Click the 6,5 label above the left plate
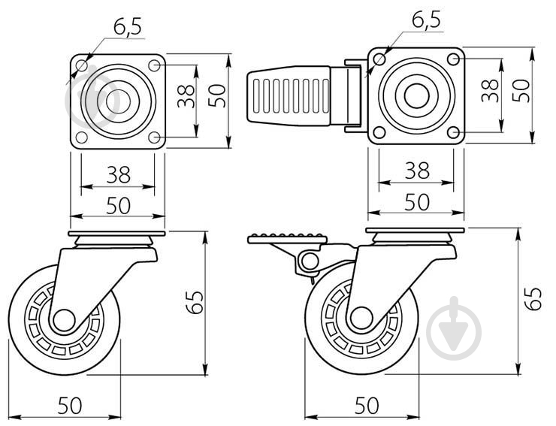pyautogui.click(x=127, y=26)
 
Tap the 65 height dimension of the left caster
pyautogui.click(x=195, y=303)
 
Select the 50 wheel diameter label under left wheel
pyautogui.click(x=70, y=406)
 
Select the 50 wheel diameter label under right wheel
pyautogui.click(x=367, y=406)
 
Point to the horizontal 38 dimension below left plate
pyautogui.click(x=119, y=174)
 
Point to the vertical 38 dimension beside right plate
pyautogui.click(x=490, y=90)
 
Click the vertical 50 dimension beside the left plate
pyautogui.click(x=216, y=95)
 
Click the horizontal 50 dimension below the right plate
pyautogui.click(x=417, y=202)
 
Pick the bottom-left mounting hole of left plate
pyautogui.click(x=82, y=137)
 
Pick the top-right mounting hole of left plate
pyautogui.click(x=154, y=65)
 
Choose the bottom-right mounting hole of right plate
pyautogui.click(x=453, y=133)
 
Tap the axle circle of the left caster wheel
pyautogui.click(x=64, y=320)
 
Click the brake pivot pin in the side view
pyautogui.click(x=310, y=261)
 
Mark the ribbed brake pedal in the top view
pyautogui.click(x=289, y=95)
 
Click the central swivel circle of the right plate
pyautogui.click(x=416, y=95)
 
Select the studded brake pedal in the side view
pyautogui.click(x=287, y=238)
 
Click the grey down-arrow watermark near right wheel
pyautogui.click(x=454, y=328)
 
